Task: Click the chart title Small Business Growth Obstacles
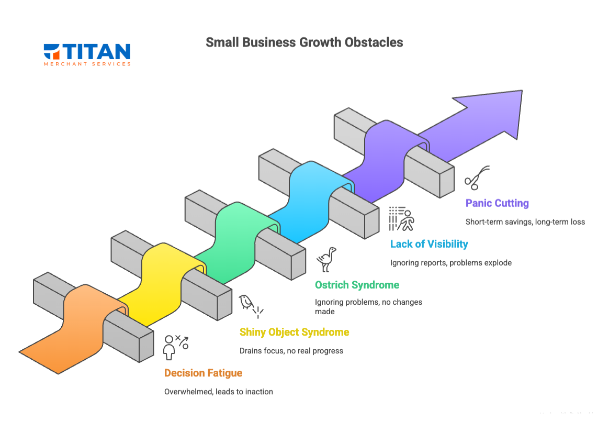pyautogui.click(x=304, y=42)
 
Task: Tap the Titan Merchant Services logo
pyautogui.click(x=87, y=54)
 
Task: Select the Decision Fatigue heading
pyautogui.click(x=203, y=373)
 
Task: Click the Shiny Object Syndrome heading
pyautogui.click(x=294, y=332)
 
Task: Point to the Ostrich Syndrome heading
pyautogui.click(x=357, y=285)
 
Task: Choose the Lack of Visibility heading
pyautogui.click(x=429, y=243)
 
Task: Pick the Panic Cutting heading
pyautogui.click(x=497, y=203)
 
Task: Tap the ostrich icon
pyautogui.click(x=327, y=260)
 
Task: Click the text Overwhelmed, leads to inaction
pyautogui.click(x=218, y=392)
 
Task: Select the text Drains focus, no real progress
pyautogui.click(x=291, y=351)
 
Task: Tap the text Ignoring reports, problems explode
pyautogui.click(x=450, y=262)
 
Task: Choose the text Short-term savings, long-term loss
pyautogui.click(x=525, y=221)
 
